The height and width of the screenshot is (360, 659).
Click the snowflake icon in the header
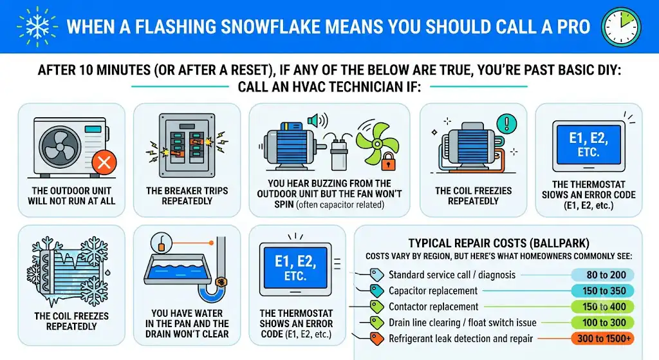37,26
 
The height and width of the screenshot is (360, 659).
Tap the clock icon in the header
621,27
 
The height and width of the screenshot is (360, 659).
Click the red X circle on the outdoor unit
104,162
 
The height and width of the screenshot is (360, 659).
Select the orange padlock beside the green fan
388,161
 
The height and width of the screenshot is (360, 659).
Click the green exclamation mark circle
506,124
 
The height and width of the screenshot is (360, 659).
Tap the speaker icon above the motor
317,120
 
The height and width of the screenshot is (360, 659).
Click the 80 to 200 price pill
602,275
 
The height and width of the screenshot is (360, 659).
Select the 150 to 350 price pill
602,291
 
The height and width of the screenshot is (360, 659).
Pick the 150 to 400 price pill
602,307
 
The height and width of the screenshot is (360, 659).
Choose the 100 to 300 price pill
602,323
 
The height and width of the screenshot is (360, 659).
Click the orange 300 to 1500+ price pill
602,339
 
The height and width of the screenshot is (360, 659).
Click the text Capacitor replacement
433,291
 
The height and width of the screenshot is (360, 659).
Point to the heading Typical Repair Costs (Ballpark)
499,243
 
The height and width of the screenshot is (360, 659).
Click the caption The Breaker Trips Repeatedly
187,196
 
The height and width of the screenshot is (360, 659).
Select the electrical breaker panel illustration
187,145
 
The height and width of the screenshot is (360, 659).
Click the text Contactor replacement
433,307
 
